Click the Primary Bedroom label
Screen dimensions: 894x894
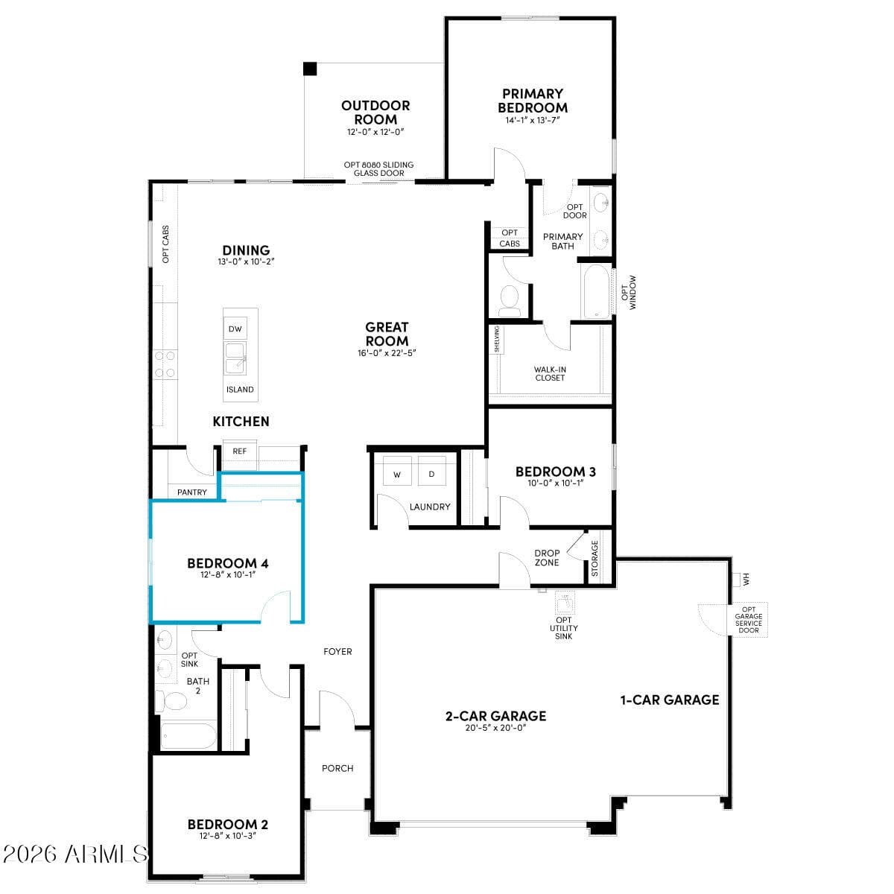pos(533,101)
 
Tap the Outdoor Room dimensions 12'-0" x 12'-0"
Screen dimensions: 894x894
pos(375,133)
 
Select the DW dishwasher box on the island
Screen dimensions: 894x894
pos(235,329)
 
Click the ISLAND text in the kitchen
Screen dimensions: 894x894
pos(240,390)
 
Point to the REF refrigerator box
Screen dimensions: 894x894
pos(239,451)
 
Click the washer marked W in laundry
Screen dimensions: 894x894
pos(397,475)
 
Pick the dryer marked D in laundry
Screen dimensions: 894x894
pos(431,475)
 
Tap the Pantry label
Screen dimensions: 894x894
pos(192,492)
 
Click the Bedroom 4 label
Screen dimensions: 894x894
pos(227,563)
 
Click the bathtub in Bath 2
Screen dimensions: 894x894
pos(188,736)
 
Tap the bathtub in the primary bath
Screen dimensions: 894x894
pos(596,291)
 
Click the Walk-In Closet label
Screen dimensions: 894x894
pos(550,373)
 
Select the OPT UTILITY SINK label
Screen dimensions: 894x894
pos(564,628)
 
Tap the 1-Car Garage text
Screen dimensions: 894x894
pos(670,700)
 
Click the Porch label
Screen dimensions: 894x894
pos(337,768)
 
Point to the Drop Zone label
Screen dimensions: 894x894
pos(547,557)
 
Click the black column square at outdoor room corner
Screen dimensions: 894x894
pos(310,69)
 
